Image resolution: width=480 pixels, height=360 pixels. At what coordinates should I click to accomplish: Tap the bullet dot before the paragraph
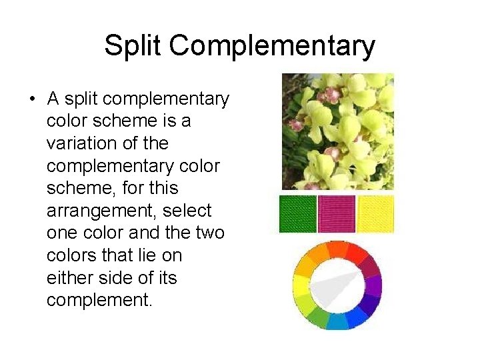coord(32,100)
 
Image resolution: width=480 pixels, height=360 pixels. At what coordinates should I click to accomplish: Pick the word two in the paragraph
coord(210,233)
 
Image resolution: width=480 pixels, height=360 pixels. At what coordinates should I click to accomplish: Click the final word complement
coord(99,301)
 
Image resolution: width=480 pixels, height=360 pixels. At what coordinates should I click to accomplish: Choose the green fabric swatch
coord(297,214)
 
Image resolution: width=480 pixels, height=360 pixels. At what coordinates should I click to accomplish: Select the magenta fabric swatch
coord(337,214)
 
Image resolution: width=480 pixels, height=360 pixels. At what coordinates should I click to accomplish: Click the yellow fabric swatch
coord(375,214)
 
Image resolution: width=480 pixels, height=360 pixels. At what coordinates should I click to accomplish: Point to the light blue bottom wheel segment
coord(337,321)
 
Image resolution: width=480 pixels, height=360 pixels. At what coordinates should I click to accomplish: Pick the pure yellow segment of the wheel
coord(300,285)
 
